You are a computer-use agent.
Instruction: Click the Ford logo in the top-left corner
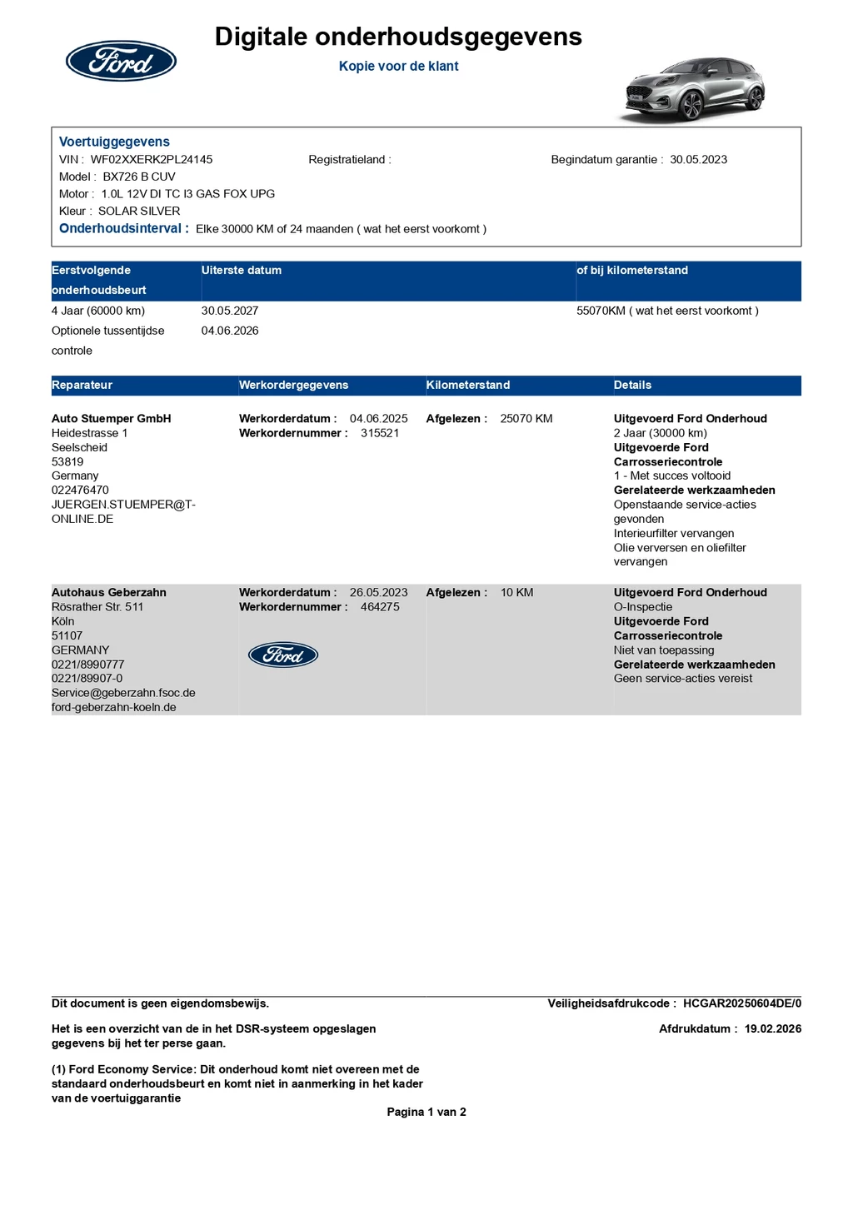(121, 61)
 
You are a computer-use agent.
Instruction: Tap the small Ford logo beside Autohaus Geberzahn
(283, 655)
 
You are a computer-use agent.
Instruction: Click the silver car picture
(695, 89)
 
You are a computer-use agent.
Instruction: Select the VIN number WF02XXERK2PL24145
(152, 159)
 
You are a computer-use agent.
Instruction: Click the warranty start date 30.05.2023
(698, 159)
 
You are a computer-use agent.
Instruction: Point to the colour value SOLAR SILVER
(139, 211)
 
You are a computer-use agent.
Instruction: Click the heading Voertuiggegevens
(114, 142)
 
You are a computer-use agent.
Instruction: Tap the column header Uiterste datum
(242, 270)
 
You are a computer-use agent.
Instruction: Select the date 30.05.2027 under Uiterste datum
(230, 311)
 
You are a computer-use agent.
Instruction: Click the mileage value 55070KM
(601, 311)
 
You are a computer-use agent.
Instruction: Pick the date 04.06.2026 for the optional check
(230, 331)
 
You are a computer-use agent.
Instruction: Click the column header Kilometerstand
(467, 385)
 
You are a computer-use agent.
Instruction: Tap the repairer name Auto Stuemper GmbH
(111, 418)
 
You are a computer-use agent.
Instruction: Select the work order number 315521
(380, 433)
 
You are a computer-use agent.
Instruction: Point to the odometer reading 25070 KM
(526, 418)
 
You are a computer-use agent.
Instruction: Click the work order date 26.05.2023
(378, 592)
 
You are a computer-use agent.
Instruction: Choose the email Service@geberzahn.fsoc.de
(123, 693)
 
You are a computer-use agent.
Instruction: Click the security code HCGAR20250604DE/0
(741, 1003)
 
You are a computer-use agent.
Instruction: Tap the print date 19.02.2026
(772, 1028)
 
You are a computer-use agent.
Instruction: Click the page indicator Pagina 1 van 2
(426, 1112)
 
